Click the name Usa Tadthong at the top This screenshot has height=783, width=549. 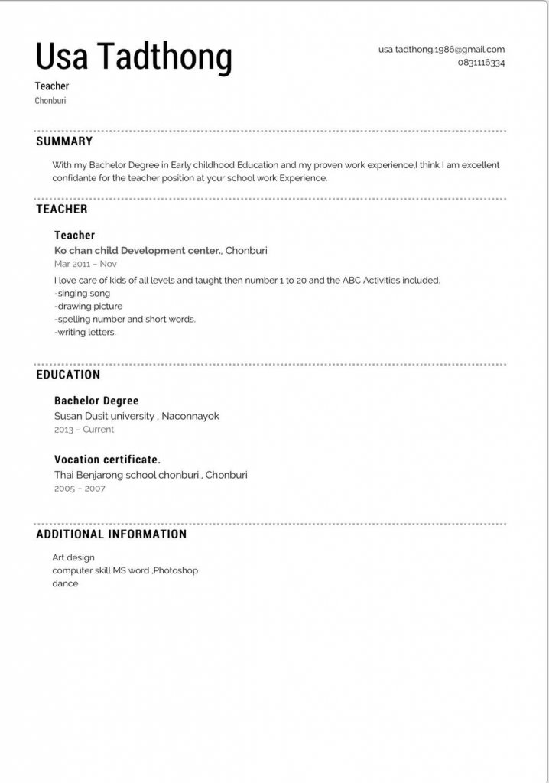134,57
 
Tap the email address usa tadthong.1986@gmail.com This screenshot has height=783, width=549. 441,49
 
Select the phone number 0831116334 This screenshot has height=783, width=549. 481,63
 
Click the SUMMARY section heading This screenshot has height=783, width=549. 64,141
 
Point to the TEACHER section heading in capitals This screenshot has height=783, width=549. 62,209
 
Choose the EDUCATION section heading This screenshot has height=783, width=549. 68,375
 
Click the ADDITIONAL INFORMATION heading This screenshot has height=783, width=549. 112,534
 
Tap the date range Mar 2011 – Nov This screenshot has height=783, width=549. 86,264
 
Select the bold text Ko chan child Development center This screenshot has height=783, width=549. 138,250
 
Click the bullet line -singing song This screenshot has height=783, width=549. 83,293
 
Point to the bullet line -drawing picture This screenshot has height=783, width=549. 88,306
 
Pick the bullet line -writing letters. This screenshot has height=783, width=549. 85,333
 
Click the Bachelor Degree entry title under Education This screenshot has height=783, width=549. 96,401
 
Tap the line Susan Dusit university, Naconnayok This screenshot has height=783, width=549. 137,416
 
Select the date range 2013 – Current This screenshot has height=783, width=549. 84,430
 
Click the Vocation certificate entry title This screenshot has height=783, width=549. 107,460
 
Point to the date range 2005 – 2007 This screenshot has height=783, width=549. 80,489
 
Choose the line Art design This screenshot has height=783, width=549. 73,557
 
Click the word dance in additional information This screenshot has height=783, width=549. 65,583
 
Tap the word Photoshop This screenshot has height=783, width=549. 176,570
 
